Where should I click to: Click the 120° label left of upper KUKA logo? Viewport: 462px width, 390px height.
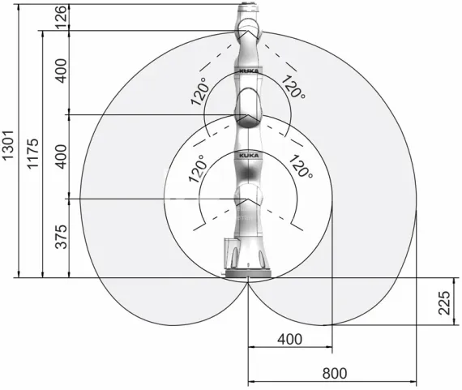click(x=199, y=92)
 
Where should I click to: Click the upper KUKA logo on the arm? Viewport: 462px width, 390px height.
click(x=247, y=71)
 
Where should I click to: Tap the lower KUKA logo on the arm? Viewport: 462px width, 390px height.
click(x=247, y=153)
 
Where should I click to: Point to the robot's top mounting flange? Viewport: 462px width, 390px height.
click(x=249, y=10)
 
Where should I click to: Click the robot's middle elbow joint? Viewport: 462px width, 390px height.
click(x=247, y=108)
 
